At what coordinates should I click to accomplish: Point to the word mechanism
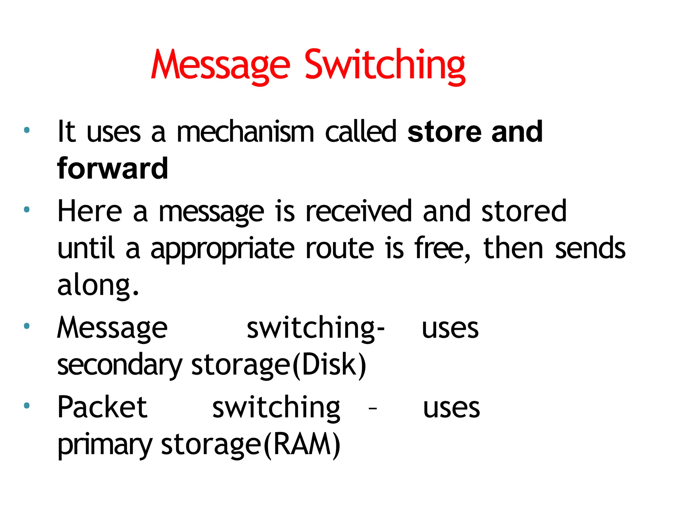(245, 131)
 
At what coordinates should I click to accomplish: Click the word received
(358, 211)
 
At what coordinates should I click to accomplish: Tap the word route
(340, 248)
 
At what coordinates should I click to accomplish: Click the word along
(98, 286)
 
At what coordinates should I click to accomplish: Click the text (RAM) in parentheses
(302, 445)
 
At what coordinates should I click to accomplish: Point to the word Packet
(102, 407)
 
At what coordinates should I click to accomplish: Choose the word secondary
(119, 366)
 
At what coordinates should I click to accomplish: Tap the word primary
(105, 445)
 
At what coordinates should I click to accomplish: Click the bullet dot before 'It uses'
(27, 130)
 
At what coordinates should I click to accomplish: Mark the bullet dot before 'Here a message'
(27, 210)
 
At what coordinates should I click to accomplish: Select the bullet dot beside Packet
(27, 405)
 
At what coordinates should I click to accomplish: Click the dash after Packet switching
(373, 409)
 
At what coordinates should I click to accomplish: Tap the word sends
(590, 248)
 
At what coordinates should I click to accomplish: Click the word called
(360, 131)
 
